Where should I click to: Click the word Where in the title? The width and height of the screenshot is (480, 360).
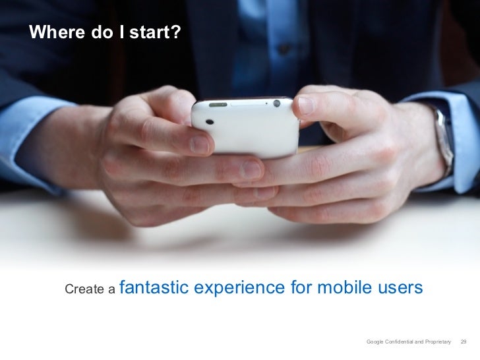point(53,32)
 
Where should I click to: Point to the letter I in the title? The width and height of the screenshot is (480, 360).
point(123,32)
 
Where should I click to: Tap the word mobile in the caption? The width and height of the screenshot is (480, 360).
point(343,288)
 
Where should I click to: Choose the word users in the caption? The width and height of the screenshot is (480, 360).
point(398,288)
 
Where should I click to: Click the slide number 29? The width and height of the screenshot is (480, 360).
point(463,342)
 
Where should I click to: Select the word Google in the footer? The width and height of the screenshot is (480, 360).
point(376,342)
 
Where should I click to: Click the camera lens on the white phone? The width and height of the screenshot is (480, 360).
point(210,122)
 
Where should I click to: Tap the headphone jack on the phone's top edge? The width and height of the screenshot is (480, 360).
point(276,103)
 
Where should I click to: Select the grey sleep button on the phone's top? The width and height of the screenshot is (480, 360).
point(218,104)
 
